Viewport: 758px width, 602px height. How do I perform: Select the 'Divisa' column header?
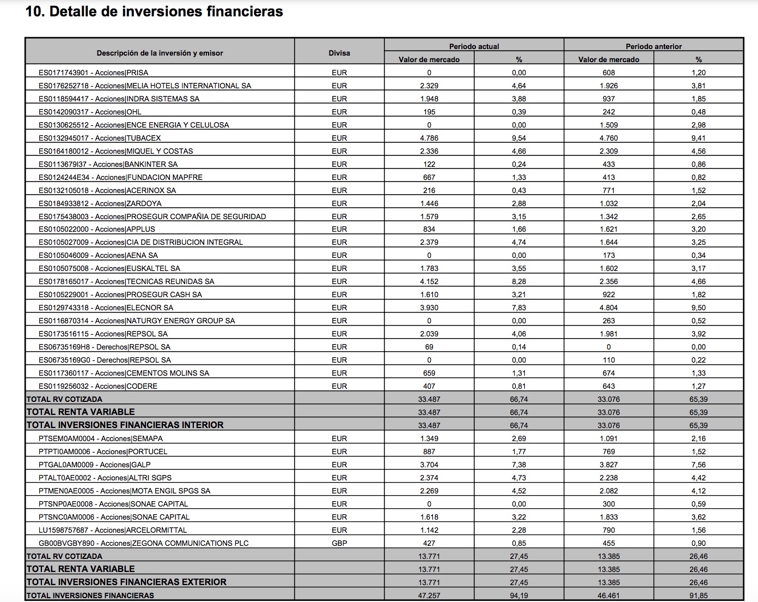click(339, 53)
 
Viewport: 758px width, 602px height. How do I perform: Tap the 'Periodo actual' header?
click(474, 46)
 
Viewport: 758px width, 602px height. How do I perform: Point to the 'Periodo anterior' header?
click(653, 46)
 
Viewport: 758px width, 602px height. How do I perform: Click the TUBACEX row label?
click(100, 138)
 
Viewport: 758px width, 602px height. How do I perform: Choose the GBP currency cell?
click(339, 543)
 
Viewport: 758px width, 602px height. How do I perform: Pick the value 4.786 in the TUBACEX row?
click(429, 138)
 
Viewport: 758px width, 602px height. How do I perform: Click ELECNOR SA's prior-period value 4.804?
click(609, 308)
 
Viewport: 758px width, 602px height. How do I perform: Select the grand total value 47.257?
click(429, 595)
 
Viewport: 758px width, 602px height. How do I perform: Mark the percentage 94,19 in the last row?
click(519, 595)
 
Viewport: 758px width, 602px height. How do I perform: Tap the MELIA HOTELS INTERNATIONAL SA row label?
click(145, 86)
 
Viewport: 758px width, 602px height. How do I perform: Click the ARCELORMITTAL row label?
click(113, 530)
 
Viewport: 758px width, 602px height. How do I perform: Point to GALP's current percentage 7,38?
click(519, 465)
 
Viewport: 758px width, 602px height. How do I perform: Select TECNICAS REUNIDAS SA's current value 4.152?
click(429, 281)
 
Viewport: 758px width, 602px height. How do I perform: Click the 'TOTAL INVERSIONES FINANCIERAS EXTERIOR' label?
click(126, 582)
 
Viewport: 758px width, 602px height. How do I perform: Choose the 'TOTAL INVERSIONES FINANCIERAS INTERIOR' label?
click(125, 425)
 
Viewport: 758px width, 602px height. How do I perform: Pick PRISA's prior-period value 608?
click(609, 73)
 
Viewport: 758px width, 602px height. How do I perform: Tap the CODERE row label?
click(98, 386)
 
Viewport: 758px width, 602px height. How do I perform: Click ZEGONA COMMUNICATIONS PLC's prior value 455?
click(609, 543)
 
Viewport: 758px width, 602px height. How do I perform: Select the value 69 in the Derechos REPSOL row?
click(429, 347)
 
